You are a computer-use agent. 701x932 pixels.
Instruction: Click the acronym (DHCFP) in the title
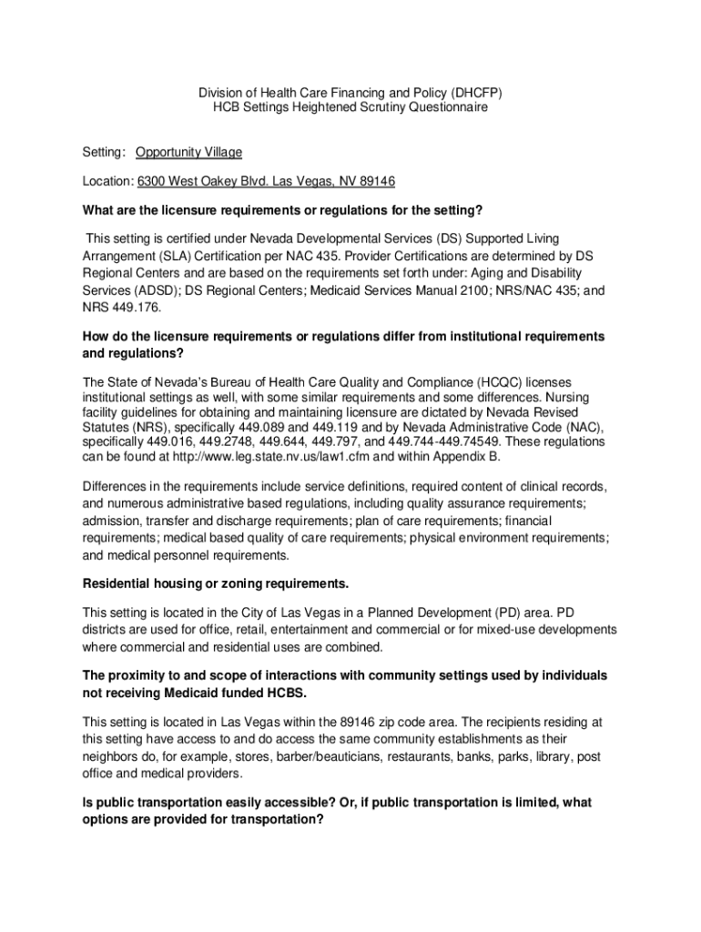[473, 93]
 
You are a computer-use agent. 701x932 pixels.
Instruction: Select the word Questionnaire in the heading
[443, 107]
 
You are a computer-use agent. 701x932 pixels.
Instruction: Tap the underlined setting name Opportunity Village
[189, 152]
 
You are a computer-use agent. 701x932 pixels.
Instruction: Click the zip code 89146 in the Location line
[376, 181]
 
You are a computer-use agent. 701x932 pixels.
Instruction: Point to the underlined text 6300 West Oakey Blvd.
[194, 181]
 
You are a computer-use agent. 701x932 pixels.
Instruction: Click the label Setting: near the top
[104, 152]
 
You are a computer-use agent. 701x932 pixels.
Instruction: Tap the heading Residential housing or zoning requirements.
[216, 582]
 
